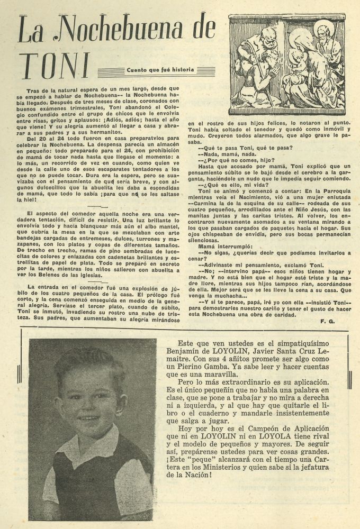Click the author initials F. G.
tap(326, 321)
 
